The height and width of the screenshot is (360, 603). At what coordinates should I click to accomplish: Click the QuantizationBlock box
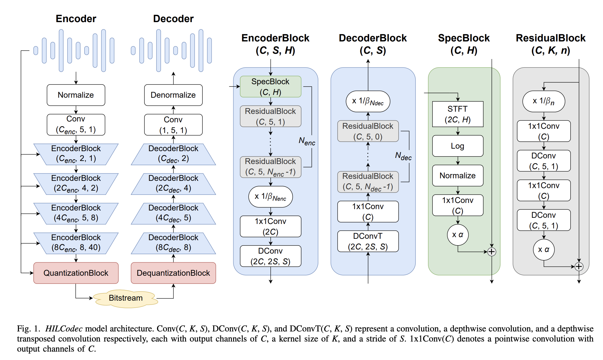[76, 273]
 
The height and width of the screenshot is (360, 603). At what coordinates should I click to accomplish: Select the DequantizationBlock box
[173, 273]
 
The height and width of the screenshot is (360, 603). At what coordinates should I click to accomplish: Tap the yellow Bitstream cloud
[125, 298]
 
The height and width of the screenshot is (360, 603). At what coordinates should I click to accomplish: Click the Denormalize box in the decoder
[173, 95]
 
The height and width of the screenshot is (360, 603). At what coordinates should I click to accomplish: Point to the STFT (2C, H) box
[458, 114]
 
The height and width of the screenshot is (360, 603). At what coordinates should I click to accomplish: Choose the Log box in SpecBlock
[458, 146]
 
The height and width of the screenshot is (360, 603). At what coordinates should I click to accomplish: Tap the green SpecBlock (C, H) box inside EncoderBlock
[270, 87]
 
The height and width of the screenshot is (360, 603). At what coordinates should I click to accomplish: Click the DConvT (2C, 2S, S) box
[368, 241]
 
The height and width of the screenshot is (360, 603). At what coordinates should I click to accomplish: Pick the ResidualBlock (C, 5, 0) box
[368, 131]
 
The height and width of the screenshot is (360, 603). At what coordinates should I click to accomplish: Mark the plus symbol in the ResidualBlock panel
[579, 267]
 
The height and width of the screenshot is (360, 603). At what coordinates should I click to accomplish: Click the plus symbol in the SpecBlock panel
[492, 252]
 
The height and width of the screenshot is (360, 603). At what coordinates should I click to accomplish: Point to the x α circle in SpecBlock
[458, 235]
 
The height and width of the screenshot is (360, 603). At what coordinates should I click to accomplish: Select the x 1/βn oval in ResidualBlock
[544, 101]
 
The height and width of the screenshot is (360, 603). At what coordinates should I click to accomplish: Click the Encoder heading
[76, 19]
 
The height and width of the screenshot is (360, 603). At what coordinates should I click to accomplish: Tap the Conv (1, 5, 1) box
[173, 125]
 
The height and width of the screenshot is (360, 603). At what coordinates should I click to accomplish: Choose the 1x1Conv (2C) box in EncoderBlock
[270, 226]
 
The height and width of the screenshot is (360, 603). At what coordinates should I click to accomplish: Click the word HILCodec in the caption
[64, 329]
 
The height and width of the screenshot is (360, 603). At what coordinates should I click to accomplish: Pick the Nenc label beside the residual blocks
[307, 141]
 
